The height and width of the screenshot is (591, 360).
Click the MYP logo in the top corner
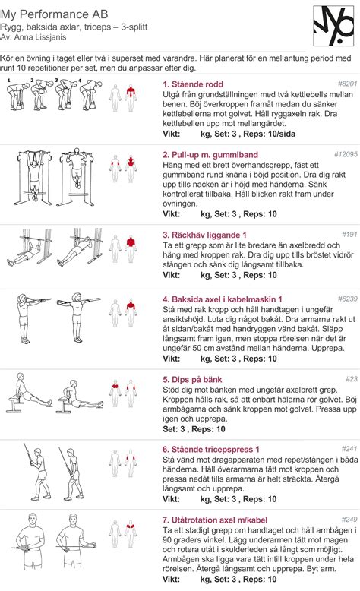pos(334,26)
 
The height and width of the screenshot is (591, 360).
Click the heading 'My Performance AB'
pos(55,14)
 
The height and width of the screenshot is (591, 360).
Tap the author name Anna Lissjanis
pos(40,37)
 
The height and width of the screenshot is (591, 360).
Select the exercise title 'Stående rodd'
pos(193,84)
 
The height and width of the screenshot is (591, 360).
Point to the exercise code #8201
pos(347,84)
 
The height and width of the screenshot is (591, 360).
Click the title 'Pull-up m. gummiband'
pos(210,154)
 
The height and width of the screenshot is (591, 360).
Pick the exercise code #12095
pos(346,154)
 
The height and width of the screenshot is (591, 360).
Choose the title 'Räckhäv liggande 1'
pos(204,235)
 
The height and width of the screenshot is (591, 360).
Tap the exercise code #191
pos(349,235)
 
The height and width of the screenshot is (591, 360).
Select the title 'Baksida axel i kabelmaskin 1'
pos(222,299)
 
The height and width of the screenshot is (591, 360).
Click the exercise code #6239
pos(347,299)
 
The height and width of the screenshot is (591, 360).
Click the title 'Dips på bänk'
pos(192,380)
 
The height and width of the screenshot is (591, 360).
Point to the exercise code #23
pos(352,379)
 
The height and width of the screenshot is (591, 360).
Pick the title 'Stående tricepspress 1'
pos(210,449)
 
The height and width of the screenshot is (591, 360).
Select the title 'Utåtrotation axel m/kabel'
pos(215,520)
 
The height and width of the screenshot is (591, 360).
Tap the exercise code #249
pos(349,520)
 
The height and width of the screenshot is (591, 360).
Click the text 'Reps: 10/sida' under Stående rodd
pos(269,134)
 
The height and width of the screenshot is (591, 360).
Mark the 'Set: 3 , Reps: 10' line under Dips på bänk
pos(194,429)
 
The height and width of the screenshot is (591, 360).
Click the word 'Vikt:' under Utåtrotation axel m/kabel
pos(171,579)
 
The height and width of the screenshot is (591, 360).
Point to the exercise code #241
pos(349,449)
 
